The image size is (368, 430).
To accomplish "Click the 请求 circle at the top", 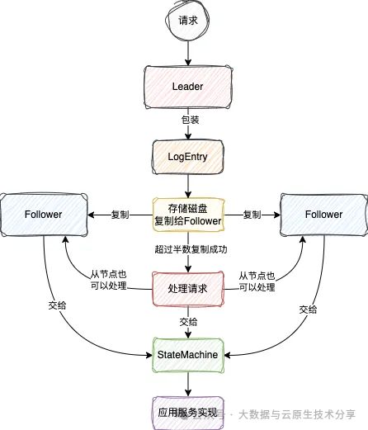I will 188,23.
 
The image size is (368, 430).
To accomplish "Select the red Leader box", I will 188,86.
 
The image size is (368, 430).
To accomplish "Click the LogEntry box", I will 188,155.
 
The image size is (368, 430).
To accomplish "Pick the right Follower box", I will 323,215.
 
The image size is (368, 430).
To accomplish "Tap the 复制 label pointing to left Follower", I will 120,215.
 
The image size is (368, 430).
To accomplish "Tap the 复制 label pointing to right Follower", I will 253,215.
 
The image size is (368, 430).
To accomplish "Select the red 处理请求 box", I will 188,289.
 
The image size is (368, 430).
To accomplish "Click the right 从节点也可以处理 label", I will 256,281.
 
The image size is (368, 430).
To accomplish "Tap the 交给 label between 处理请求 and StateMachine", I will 188,323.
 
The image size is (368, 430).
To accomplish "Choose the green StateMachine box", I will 188,354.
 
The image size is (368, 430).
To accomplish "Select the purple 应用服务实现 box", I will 188,410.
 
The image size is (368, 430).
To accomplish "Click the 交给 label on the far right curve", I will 308,309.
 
